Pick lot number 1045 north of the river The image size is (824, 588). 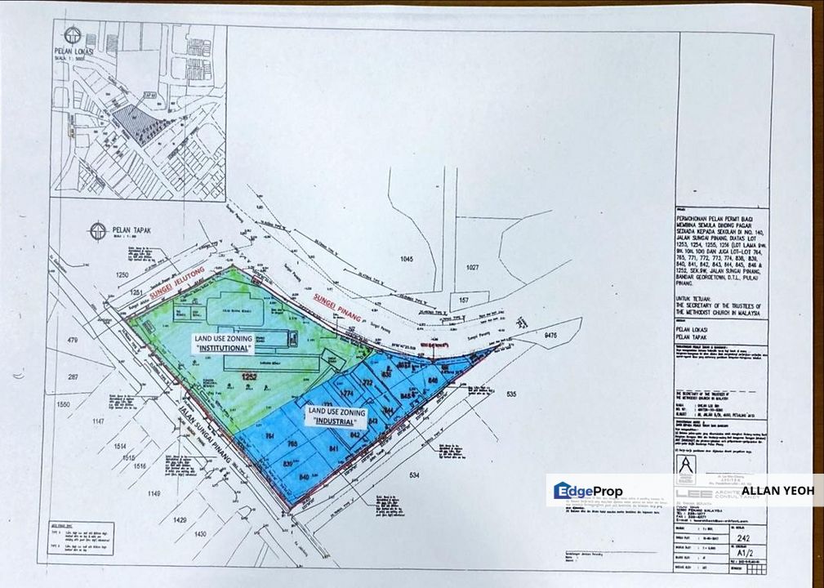click(408, 259)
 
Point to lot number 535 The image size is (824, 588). click(512, 394)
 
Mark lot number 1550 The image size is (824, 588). click(76, 404)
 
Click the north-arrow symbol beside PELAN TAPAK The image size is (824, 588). click(97, 231)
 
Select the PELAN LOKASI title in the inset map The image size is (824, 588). click(79, 51)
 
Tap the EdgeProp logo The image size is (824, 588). click(589, 491)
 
